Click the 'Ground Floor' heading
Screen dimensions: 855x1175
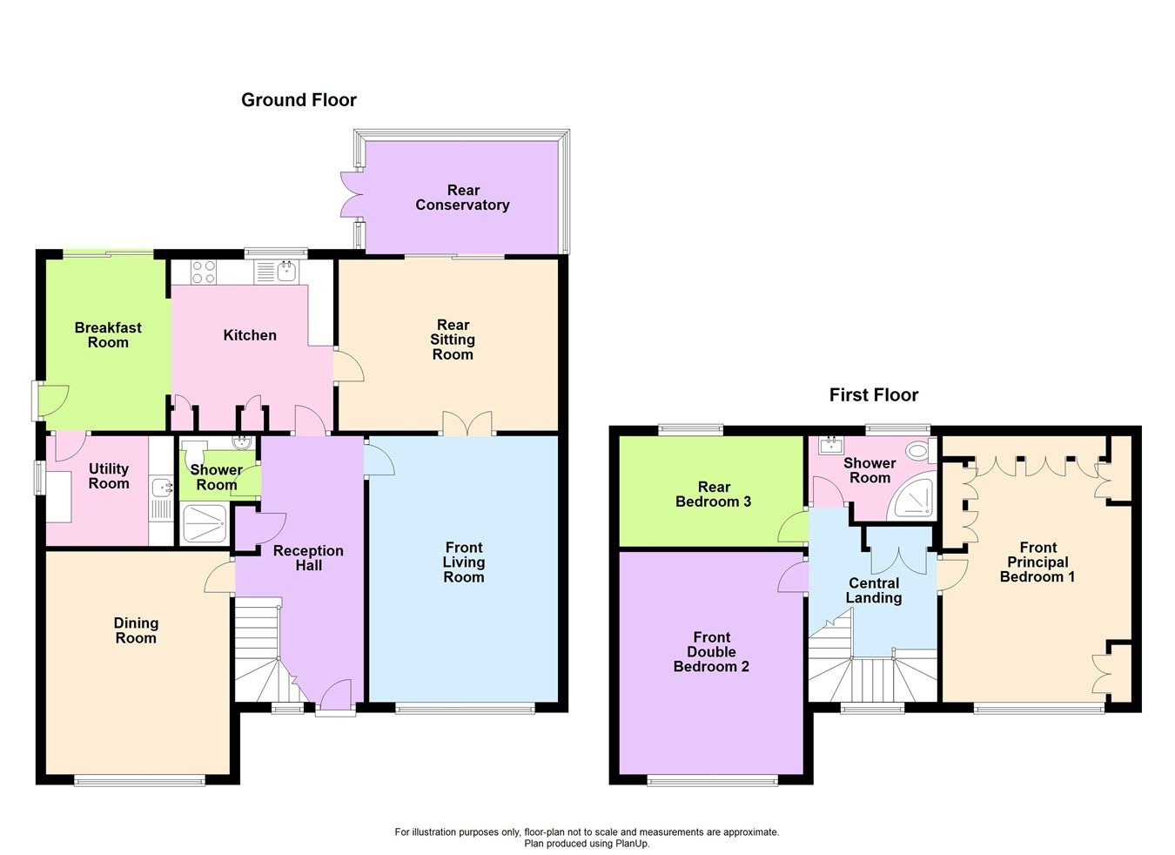(x=299, y=100)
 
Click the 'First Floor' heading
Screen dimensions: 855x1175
(x=873, y=395)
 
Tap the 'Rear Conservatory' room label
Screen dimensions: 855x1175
(x=462, y=198)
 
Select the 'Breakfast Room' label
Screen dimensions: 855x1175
(x=108, y=335)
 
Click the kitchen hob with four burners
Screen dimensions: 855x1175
(x=204, y=273)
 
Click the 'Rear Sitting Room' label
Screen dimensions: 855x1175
(x=453, y=340)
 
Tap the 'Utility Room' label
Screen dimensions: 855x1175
(x=109, y=476)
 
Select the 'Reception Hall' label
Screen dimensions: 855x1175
(x=308, y=558)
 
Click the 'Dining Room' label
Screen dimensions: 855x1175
(x=136, y=630)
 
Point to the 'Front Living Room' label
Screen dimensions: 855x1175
(x=463, y=562)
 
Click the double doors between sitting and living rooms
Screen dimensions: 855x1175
(x=467, y=424)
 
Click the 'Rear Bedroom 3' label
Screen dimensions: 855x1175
(x=713, y=495)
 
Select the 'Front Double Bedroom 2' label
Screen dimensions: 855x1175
(x=711, y=652)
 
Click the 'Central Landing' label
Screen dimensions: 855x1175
(x=874, y=590)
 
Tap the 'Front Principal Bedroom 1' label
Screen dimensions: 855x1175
(x=1037, y=562)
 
